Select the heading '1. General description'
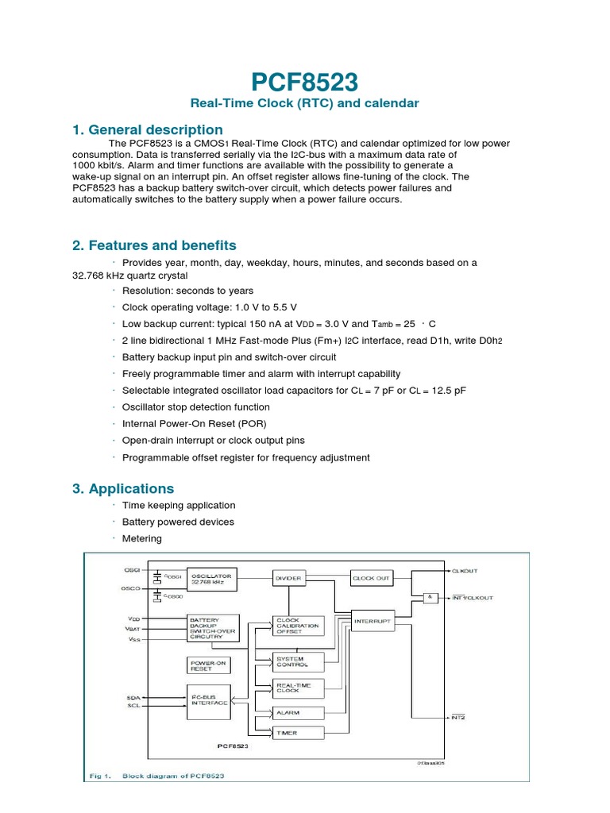tap(148, 129)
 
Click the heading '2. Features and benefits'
tap(154, 245)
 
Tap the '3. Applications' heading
tap(123, 488)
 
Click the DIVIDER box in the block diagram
tap(288, 579)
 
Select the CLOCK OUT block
tap(371, 579)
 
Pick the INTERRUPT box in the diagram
tap(371, 622)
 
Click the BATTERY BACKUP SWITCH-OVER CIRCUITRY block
tap(210, 626)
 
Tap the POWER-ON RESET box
tap(205, 665)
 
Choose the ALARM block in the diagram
tap(288, 713)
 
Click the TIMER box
tap(288, 733)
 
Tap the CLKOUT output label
tap(465, 571)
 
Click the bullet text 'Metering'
tap(141, 538)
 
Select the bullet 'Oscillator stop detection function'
tap(195, 406)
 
